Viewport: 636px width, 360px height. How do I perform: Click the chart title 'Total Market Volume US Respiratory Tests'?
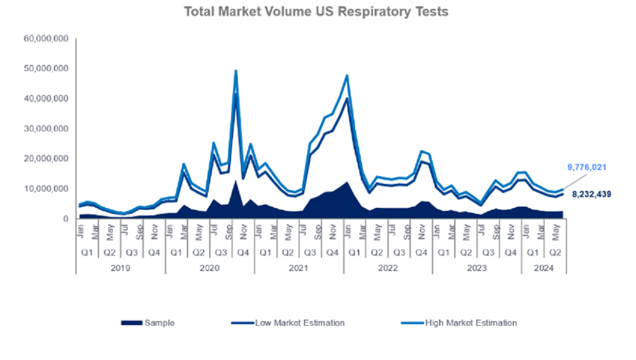(316, 11)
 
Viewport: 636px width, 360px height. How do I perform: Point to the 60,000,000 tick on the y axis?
(46, 38)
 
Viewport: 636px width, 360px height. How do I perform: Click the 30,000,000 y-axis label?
(46, 129)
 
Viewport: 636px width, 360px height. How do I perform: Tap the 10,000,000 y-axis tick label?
(46, 189)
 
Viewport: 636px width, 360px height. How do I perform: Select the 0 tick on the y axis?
(66, 219)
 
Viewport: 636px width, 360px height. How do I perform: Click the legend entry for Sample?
(148, 323)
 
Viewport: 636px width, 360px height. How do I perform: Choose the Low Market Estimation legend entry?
(288, 323)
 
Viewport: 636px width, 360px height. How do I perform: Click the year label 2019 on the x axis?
(120, 268)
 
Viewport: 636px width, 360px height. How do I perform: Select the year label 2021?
(299, 268)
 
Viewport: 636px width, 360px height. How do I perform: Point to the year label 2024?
(544, 268)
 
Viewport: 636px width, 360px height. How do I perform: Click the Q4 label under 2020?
(243, 253)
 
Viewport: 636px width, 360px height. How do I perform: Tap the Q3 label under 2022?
(399, 253)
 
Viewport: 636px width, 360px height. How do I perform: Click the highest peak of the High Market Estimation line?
(236, 71)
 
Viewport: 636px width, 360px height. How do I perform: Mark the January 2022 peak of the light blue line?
(347, 75)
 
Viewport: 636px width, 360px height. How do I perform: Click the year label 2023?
(477, 268)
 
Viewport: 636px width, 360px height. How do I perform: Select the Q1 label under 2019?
(87, 253)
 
